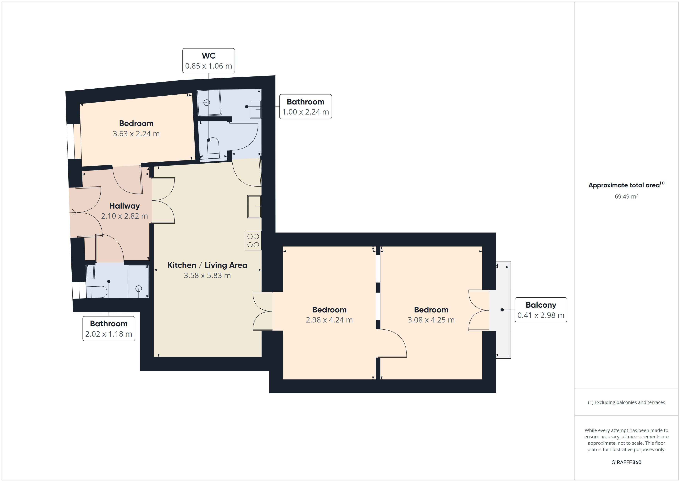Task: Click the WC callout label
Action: (x=208, y=61)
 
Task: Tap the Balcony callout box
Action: (x=541, y=310)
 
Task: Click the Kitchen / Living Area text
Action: (x=207, y=265)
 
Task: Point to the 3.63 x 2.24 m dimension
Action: (x=136, y=134)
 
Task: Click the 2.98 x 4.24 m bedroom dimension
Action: (x=329, y=320)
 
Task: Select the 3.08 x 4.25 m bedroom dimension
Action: (x=431, y=320)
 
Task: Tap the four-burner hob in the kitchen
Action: (x=253, y=240)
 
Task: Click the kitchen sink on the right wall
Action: (x=254, y=207)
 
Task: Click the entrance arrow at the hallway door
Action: (x=73, y=212)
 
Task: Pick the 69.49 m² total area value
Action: (x=626, y=196)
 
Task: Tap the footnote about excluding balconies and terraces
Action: (x=626, y=402)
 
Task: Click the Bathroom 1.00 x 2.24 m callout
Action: (x=306, y=107)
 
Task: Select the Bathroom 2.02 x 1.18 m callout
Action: (x=108, y=328)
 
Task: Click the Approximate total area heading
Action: (x=626, y=185)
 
